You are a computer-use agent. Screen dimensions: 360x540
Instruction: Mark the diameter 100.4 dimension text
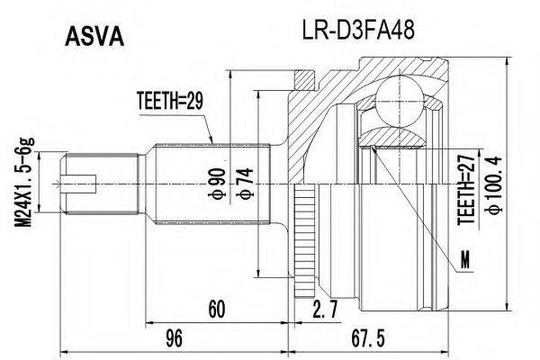point(491,184)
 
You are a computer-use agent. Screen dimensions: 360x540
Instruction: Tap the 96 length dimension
point(175,339)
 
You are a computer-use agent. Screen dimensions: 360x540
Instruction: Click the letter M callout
point(464,262)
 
